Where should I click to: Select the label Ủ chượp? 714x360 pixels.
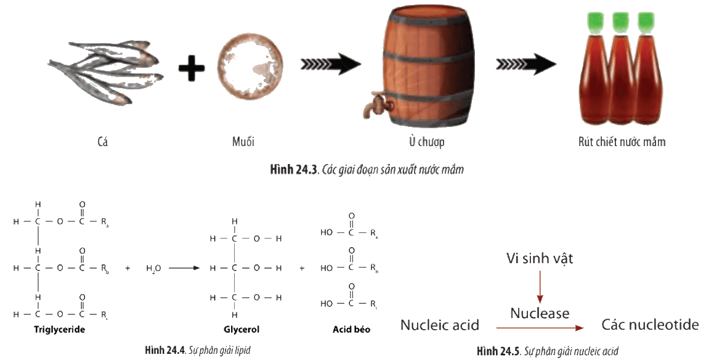click(426, 142)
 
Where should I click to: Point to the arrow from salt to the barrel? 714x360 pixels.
click(331, 64)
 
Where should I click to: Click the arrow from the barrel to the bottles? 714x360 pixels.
click(526, 64)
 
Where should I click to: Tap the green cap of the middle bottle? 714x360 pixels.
click(620, 22)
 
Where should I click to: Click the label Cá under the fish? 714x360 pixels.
click(103, 142)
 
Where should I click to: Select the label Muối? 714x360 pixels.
click(243, 142)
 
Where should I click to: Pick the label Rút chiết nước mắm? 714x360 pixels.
click(622, 142)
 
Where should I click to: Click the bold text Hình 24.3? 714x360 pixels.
click(293, 170)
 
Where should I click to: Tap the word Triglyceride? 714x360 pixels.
click(60, 329)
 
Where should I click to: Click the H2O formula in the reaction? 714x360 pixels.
click(153, 269)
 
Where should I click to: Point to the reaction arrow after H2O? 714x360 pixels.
click(184, 268)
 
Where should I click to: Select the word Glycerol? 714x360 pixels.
click(241, 329)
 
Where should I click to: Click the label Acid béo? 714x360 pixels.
click(352, 329)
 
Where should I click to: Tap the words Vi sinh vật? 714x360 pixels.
click(540, 258)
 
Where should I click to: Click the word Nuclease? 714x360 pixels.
click(540, 314)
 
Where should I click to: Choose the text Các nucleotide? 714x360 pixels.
click(650, 325)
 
